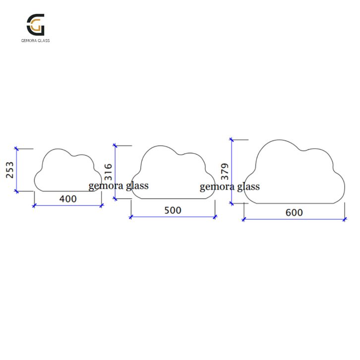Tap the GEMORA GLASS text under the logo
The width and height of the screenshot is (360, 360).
point(35,41)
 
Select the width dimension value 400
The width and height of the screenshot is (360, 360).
point(68,199)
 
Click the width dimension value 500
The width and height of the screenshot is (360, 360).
point(173,210)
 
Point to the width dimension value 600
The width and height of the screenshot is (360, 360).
point(294,213)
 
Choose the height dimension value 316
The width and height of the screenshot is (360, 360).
point(109,172)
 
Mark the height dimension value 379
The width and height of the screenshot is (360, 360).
point(224,172)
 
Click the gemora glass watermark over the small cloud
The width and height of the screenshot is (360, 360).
point(119,185)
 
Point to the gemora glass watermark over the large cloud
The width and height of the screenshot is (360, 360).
point(230,187)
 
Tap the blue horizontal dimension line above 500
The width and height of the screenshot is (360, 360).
point(173,217)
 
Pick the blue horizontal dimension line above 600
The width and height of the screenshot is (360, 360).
point(294,219)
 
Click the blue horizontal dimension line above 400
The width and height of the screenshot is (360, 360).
point(68,205)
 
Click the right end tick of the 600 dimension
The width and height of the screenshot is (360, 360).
point(345,219)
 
